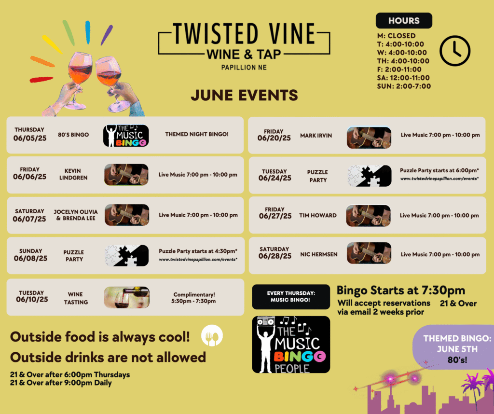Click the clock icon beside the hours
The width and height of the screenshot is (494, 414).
tap(455, 51)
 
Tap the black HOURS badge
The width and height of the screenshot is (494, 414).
tap(404, 20)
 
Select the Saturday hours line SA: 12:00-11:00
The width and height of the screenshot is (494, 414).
tap(404, 78)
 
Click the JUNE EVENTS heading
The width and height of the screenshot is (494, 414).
tap(244, 95)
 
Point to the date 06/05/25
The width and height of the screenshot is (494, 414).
tap(30, 138)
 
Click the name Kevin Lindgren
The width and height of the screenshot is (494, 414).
tap(73, 174)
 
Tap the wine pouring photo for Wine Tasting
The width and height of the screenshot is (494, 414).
tap(127, 297)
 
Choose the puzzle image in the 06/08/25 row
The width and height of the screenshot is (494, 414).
tap(127, 256)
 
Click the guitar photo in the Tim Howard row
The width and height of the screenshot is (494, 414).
tap(368, 216)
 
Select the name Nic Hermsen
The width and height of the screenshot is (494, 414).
tap(319, 254)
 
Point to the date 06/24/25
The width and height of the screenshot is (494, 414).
tap(274, 179)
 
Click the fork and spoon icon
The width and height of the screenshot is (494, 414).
tap(212, 335)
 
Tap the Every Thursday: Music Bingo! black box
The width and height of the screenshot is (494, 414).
tap(291, 297)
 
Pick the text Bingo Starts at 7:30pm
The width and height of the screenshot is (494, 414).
tap(401, 290)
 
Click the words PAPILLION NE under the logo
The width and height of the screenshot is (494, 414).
tap(244, 68)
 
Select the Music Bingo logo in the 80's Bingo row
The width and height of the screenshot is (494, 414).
tap(126, 136)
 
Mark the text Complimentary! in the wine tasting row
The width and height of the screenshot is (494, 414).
tap(194, 295)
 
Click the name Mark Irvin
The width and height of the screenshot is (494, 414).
tap(316, 136)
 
